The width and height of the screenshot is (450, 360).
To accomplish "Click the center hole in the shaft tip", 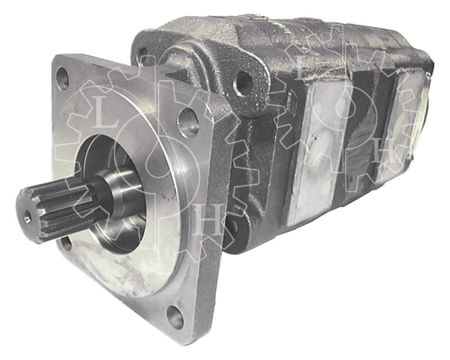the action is [x=27, y=219].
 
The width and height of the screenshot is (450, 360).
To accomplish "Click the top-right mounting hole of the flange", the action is [x=188, y=122].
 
